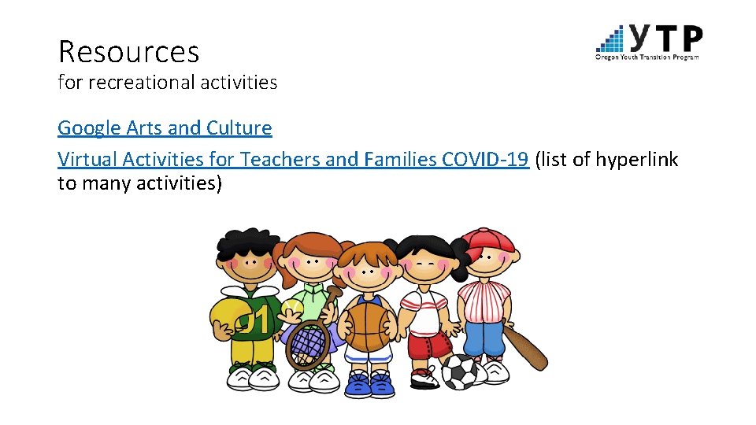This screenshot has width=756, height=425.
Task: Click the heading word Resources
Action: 128,52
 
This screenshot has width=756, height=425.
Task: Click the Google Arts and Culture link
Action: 165,128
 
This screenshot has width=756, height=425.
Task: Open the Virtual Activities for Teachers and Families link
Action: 292,160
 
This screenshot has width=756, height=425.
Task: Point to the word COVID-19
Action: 484,160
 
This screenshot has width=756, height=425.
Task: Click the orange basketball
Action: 368,327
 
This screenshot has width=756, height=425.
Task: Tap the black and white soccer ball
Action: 459,371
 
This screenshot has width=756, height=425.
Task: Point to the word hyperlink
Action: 636,160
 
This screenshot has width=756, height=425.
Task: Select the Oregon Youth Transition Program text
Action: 647,57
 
